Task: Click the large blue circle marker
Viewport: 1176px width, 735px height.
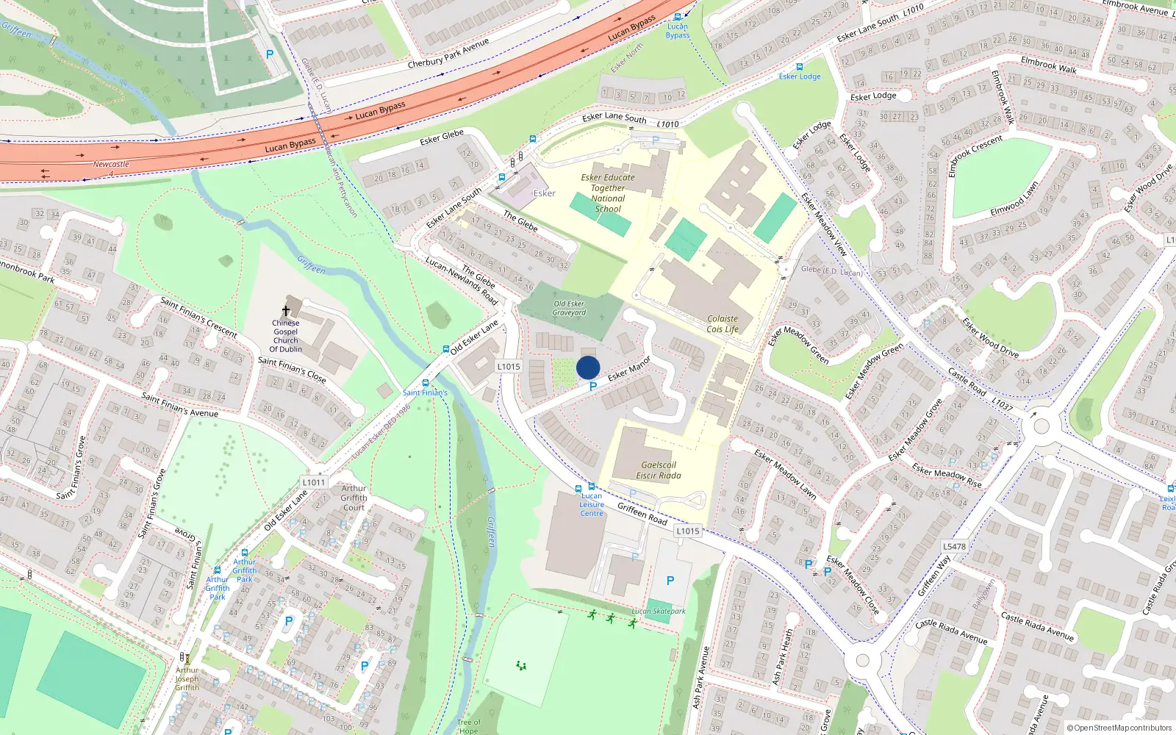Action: [x=588, y=367]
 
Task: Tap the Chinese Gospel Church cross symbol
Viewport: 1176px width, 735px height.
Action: [x=286, y=311]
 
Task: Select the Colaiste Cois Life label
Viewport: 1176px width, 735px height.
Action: [x=723, y=324]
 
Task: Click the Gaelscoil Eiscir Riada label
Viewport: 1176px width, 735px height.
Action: [x=659, y=470]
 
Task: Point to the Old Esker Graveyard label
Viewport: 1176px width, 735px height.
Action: [x=570, y=308]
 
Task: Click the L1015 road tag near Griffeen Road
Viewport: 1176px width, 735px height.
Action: [x=688, y=531]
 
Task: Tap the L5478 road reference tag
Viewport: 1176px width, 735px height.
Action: [x=954, y=546]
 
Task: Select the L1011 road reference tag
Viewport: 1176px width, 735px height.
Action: [x=313, y=482]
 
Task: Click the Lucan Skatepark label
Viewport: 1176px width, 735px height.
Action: [x=659, y=611]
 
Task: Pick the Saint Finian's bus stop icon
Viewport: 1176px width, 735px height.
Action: [x=425, y=383]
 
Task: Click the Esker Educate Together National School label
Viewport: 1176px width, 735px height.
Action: [x=608, y=193]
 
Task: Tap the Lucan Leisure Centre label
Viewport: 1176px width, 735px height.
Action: [x=592, y=504]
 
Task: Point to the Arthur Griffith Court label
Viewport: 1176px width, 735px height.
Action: [x=354, y=498]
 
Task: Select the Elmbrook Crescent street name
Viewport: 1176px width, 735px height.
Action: [x=975, y=155]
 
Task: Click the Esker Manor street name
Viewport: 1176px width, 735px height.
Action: [x=629, y=369]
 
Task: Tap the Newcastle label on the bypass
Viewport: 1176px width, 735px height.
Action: [x=111, y=164]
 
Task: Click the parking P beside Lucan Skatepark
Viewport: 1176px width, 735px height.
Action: [x=670, y=581]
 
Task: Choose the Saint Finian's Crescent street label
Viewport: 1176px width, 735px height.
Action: [x=198, y=317]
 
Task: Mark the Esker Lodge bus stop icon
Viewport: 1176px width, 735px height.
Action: [x=799, y=67]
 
